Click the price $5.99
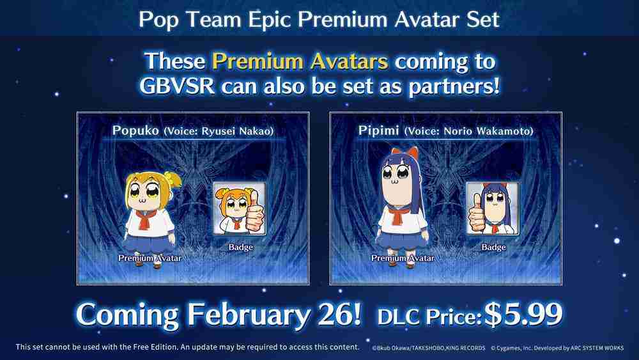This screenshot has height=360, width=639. [524, 313]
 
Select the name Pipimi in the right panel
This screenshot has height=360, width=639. [376, 131]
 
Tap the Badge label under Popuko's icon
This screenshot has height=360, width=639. [240, 247]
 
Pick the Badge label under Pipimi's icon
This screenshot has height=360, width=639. [493, 247]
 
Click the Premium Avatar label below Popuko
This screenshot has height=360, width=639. [150, 258]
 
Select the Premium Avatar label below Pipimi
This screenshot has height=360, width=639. [403, 258]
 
